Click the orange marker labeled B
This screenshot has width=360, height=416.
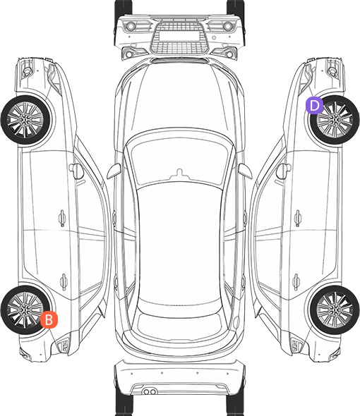(49, 319)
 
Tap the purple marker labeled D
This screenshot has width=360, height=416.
(314, 106)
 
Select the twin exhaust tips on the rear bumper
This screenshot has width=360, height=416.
(150, 391)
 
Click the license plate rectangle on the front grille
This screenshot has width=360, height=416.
(179, 36)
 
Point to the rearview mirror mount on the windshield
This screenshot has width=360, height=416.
(180, 173)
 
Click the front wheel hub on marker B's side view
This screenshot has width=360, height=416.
(25, 120)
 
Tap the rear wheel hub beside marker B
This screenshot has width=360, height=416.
(25, 310)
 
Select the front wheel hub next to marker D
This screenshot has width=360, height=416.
(335, 120)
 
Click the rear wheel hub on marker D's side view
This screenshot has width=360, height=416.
(335, 310)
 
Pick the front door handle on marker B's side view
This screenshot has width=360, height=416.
(62, 218)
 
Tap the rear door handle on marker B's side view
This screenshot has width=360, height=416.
(64, 282)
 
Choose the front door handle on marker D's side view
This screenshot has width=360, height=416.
(298, 218)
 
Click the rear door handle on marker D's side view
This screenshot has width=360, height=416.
(296, 282)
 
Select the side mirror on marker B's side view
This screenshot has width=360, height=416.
(76, 171)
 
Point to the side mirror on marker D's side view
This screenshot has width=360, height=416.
(284, 171)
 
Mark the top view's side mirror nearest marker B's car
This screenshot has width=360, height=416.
(114, 171)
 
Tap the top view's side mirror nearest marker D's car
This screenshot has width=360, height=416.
(245, 171)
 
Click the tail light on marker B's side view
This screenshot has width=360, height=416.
(63, 345)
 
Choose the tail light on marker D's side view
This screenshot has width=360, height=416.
(296, 345)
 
